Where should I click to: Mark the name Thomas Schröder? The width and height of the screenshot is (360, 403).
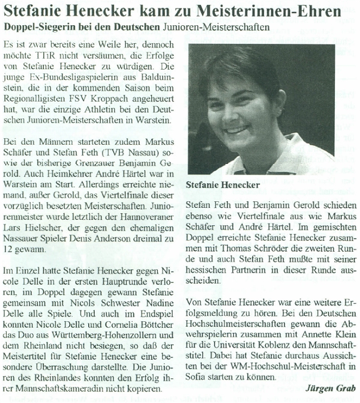242,256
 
